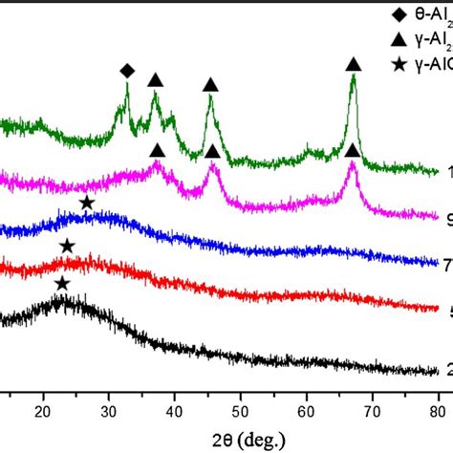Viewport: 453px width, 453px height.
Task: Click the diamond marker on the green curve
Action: pos(126,71)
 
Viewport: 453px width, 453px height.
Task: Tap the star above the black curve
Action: pos(62,256)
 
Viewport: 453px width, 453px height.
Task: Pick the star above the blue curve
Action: pos(86,203)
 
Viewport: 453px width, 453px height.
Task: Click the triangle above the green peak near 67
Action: pos(353,64)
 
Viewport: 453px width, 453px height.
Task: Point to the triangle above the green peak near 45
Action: pos(210,85)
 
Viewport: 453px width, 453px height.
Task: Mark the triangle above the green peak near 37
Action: pos(155,79)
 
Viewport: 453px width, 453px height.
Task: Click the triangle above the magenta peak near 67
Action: pos(352,150)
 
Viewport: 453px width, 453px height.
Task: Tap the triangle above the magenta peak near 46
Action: pos(212,150)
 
